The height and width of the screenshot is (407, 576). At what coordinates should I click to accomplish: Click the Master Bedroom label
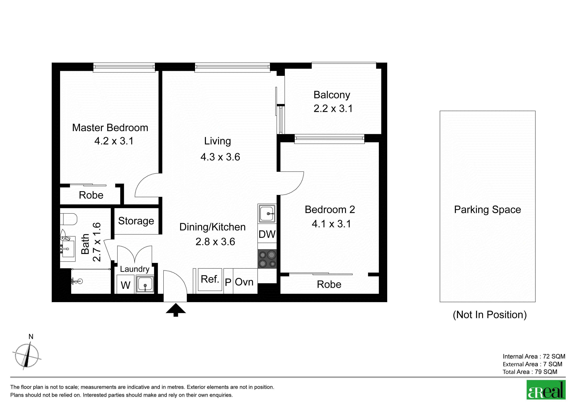[x=110, y=128]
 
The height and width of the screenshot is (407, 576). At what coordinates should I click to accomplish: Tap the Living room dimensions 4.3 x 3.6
[x=220, y=157]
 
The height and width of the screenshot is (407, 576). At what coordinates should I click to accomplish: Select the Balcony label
[x=332, y=95]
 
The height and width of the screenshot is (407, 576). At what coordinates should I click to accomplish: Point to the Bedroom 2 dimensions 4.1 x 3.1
[x=331, y=224]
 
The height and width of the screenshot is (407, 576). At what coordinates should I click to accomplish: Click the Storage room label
[x=136, y=221]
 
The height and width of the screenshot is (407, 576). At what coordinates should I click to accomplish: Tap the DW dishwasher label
[x=267, y=234]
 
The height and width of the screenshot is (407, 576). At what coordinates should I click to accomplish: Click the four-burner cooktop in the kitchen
[x=267, y=259]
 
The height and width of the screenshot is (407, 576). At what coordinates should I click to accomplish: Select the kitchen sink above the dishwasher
[x=267, y=214]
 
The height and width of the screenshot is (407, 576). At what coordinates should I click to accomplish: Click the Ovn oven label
[x=244, y=282]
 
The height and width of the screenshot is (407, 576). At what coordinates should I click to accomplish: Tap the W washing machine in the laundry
[x=125, y=284]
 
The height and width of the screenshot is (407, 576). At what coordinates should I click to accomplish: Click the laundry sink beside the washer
[x=145, y=284]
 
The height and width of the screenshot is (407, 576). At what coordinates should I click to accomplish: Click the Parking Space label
[x=487, y=210]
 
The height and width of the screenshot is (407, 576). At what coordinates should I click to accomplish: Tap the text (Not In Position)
[x=490, y=315]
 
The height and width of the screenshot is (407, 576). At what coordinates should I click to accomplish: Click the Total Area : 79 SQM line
[x=530, y=372]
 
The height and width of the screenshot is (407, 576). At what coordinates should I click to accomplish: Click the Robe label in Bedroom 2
[x=329, y=285]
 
